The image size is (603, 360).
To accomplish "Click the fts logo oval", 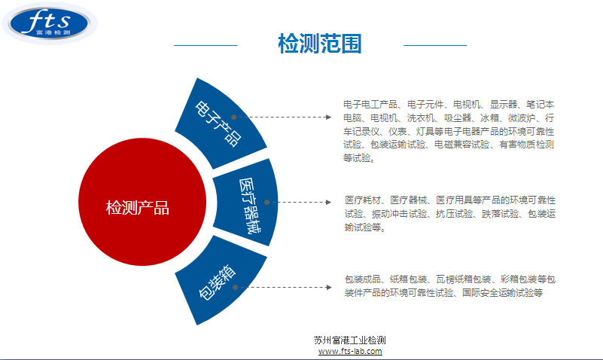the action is [50, 23].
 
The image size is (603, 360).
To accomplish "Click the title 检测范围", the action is [320, 44].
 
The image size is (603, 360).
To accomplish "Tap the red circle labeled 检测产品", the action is [142, 202].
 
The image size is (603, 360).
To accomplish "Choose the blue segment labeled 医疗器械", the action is [246, 202].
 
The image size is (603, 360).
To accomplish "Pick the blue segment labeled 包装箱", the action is [220, 281].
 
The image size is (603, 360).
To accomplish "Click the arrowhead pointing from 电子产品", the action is [328, 117].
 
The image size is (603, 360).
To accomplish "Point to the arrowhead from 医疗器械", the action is [328, 202].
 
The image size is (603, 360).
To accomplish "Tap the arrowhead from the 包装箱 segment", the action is [328, 287].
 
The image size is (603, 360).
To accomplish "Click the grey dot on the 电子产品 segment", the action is [233, 117].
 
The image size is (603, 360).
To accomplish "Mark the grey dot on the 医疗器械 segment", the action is [267, 202].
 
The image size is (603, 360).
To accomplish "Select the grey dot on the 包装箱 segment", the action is [235, 287].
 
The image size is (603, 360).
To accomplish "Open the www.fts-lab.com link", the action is [350, 351].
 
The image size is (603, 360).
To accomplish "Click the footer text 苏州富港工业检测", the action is [349, 340].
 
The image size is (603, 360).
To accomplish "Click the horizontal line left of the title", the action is [206, 45].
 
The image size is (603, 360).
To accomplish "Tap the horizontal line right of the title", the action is [435, 45].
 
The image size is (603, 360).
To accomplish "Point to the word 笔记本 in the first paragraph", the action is [540, 104].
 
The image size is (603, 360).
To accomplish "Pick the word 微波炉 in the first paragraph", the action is [521, 117].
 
